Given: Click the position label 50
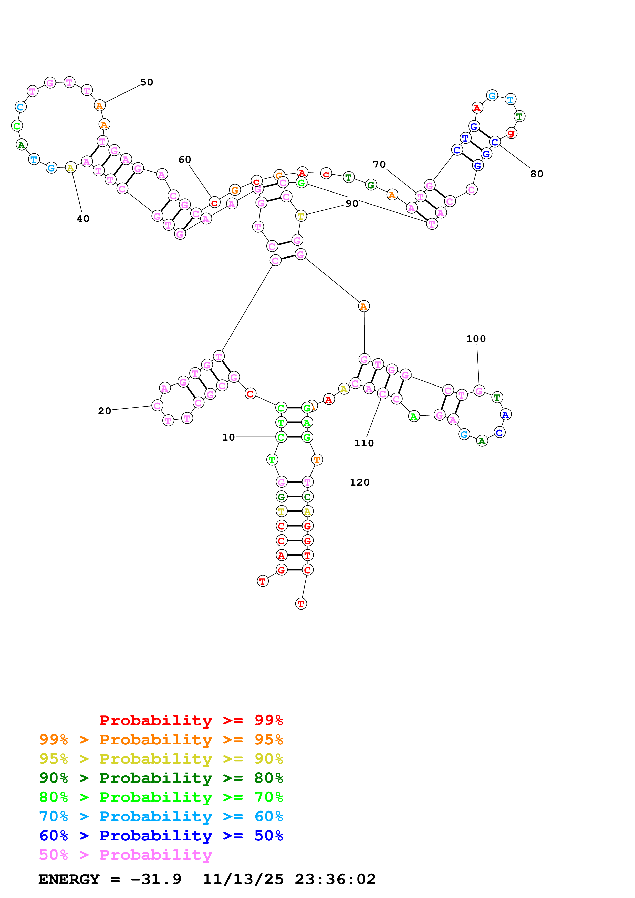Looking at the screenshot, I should (x=147, y=82).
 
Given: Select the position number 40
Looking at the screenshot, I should (x=83, y=219).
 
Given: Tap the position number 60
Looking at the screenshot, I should (x=185, y=159).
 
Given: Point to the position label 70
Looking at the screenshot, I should (x=379, y=164).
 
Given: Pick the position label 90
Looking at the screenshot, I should (x=352, y=203).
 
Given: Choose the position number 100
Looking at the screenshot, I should (x=476, y=339).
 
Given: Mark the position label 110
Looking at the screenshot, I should (x=364, y=443).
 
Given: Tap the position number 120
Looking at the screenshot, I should (x=360, y=482).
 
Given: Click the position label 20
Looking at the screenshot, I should (x=105, y=411).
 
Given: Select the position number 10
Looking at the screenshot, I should (x=228, y=437).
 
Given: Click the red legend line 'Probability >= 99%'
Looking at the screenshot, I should (x=191, y=720).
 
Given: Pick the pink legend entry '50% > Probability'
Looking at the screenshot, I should (x=126, y=854).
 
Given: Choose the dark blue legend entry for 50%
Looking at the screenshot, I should (x=161, y=836).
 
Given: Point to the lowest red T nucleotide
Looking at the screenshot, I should (x=301, y=604).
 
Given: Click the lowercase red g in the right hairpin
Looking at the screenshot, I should (x=511, y=133).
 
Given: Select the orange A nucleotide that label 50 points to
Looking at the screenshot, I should (x=100, y=106).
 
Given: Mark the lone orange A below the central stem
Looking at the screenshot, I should (x=363, y=306).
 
